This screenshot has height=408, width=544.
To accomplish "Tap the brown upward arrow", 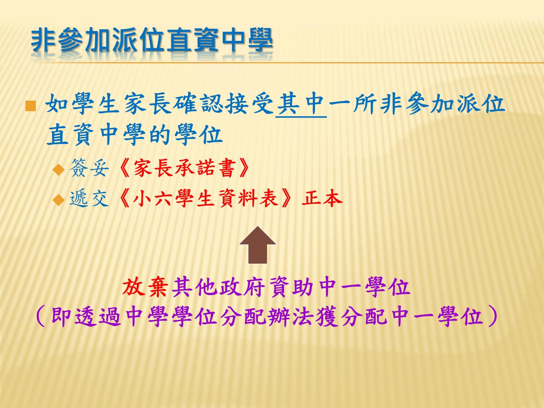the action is point(257,245).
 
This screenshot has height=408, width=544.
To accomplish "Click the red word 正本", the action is point(322,198).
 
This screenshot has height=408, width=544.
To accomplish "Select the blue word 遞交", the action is point(89,199).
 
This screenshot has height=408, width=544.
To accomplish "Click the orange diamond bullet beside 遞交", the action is point(59,200).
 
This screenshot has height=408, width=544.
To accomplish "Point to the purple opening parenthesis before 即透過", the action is point(41,317).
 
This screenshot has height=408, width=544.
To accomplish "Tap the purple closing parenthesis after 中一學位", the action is point(492,317).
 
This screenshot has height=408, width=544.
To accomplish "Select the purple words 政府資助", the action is point(267,287).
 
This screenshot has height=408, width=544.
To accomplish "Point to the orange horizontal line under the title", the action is point(290,63).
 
